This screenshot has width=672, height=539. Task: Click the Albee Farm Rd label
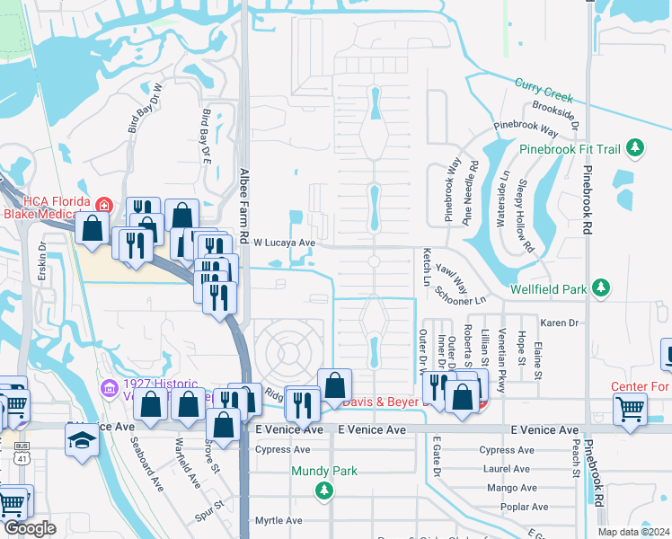[243, 201]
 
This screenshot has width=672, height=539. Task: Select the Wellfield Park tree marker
[600, 288]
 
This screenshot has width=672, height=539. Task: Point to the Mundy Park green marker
[323, 490]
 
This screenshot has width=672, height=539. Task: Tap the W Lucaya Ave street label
[284, 243]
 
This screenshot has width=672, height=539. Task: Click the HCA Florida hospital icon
[104, 206]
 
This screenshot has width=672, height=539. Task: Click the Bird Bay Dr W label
[158, 110]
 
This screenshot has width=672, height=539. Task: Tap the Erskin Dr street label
[42, 261]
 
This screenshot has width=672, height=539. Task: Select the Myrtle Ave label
[279, 520]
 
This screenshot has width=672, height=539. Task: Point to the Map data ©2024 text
[632, 532]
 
